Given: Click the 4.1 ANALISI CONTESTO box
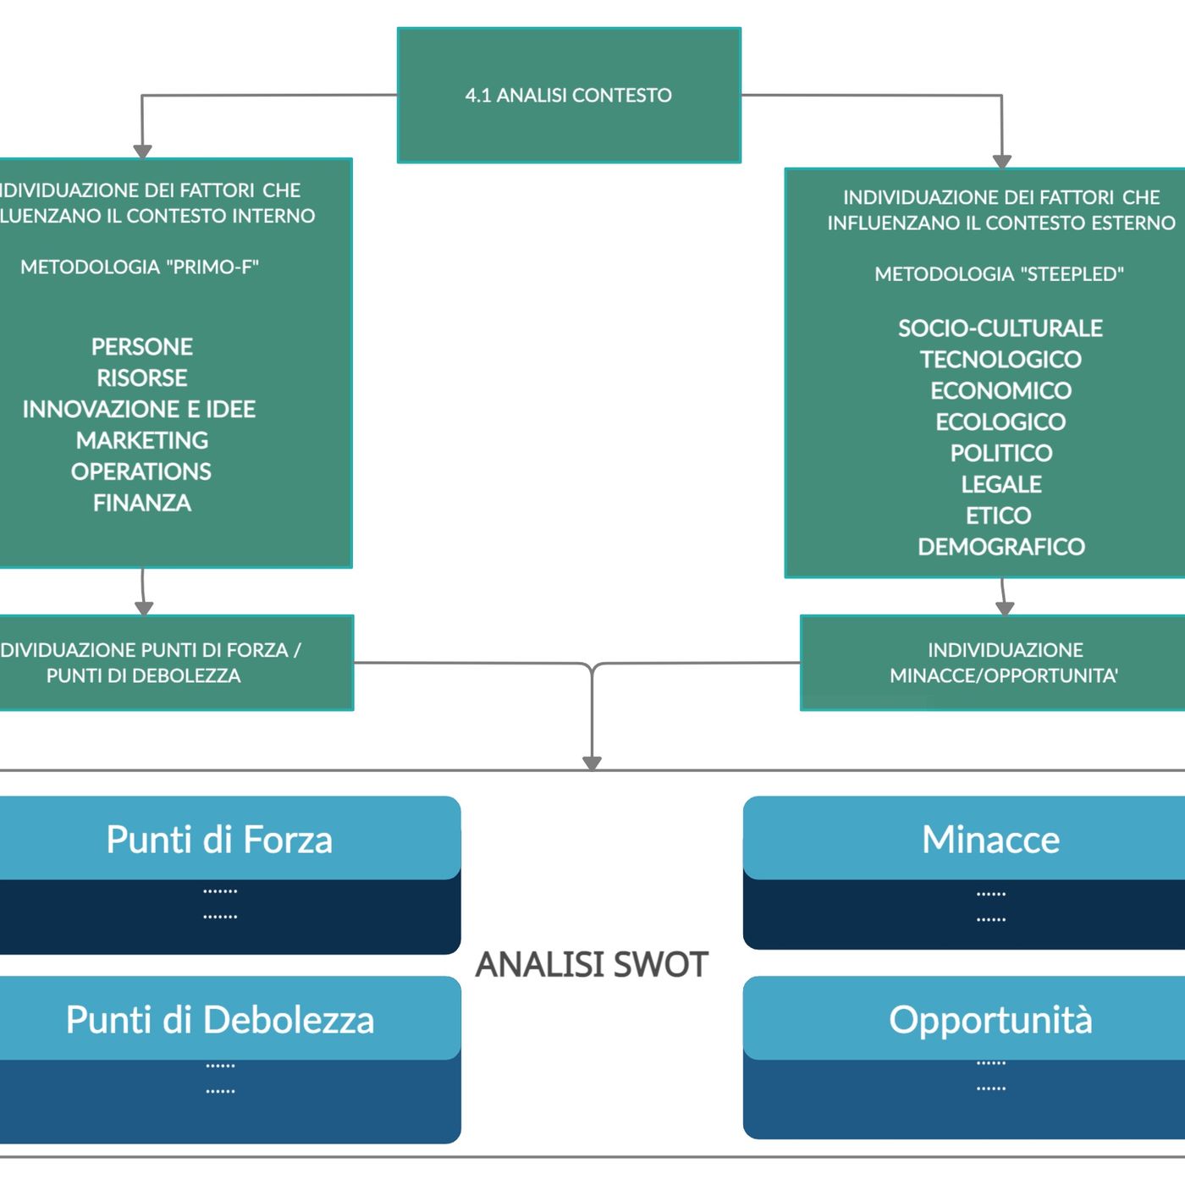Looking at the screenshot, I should pos(569,95).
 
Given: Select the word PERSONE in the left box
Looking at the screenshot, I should pos(142,347).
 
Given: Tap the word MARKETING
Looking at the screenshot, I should pos(142,441).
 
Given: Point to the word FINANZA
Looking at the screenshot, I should pos(142,504).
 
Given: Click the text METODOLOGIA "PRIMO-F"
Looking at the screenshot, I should pos(140,267).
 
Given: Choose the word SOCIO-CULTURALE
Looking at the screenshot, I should pos(1000,328).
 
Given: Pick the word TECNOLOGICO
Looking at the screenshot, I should pos(1000,360).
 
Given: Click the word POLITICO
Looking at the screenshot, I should pos(1001,454).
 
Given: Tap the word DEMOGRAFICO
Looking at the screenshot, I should pos(1001,548).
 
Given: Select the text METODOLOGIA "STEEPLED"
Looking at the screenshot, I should pos(999,274).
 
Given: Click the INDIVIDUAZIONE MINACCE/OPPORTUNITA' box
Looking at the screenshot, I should pos(1004,663).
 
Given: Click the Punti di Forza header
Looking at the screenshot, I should pos(220,840).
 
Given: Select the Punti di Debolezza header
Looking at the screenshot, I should pos(220,1020).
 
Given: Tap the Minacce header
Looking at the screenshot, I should pos(990,840).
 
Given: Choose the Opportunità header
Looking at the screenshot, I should pos(990,1020).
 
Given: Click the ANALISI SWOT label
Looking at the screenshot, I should pos(592,965).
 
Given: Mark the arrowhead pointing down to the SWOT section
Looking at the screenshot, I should pos(592,762).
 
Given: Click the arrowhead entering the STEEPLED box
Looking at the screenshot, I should pos(1002,162).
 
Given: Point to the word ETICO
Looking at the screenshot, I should pos(999,516).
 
